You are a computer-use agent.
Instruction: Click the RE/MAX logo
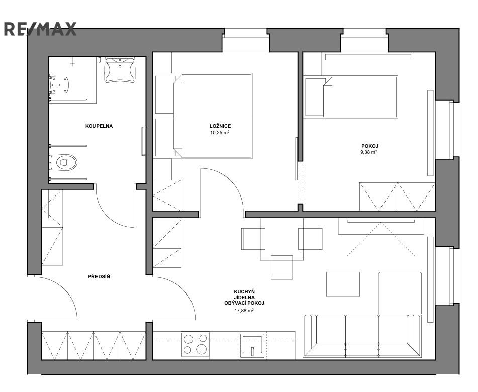[x=40, y=29]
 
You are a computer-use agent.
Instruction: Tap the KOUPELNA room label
[x=99, y=126]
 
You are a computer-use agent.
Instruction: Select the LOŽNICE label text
[x=220, y=126]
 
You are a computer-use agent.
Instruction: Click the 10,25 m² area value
[x=220, y=133]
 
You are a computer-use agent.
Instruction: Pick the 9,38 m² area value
[x=369, y=152]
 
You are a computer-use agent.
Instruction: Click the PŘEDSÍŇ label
[x=99, y=277]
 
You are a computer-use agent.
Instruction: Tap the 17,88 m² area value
[x=244, y=311]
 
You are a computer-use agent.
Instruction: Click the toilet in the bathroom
[x=63, y=162]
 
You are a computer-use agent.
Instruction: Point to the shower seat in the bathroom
[x=59, y=85]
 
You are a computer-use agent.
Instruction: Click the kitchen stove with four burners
[x=195, y=344]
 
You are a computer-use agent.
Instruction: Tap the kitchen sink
[x=252, y=346]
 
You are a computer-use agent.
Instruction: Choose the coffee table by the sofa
[x=343, y=284]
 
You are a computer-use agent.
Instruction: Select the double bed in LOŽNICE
[x=213, y=116]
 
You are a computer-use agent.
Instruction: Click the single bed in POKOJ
[x=360, y=96]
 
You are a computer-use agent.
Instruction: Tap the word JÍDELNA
[x=244, y=297]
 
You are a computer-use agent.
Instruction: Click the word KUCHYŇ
[x=244, y=291]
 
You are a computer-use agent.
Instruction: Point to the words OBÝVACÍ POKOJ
[x=244, y=303]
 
